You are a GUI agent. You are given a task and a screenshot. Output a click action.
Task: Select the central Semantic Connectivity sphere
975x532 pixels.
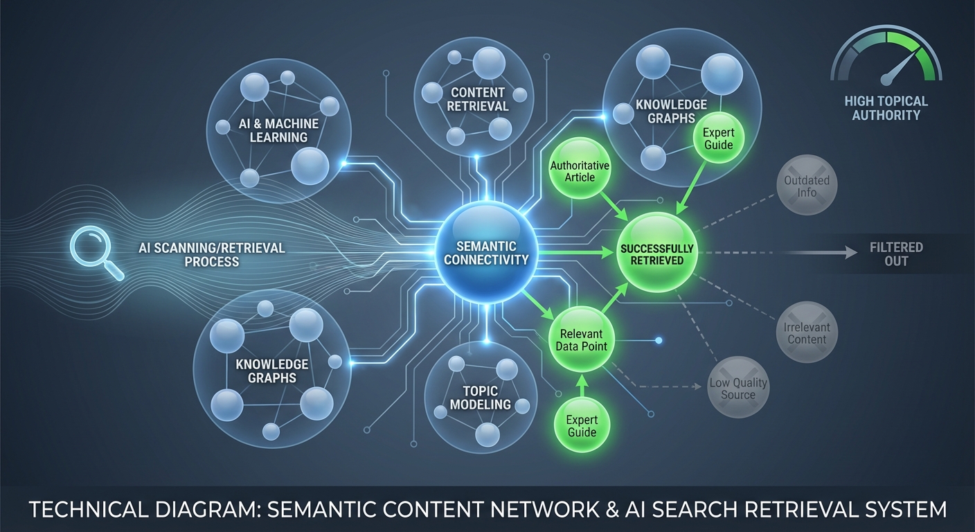486,254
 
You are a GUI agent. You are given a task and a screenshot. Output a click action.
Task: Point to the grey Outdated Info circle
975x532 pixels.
807,185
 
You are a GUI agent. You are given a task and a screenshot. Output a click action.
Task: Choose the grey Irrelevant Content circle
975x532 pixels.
807,332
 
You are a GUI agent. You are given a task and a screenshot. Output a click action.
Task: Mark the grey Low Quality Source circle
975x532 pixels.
738,388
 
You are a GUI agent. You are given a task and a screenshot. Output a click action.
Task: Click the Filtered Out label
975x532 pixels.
896,254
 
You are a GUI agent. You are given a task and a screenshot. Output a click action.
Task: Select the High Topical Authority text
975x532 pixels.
886,108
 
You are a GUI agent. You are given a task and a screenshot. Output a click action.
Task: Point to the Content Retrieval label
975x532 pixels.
478,100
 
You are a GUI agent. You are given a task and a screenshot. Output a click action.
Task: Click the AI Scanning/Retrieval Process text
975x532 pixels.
212,255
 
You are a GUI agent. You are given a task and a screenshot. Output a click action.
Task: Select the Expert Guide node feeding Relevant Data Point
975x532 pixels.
581,425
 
